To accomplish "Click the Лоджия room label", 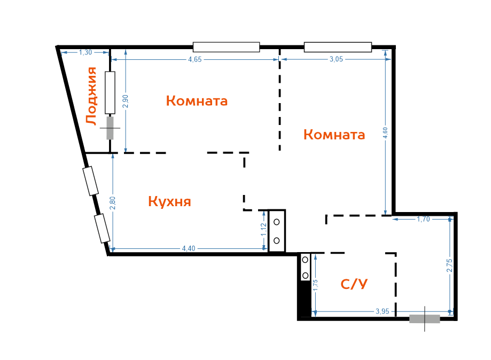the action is [91, 96].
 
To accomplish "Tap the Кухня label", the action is [169, 201].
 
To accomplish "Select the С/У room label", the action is [354, 284].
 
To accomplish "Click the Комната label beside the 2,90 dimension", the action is [197, 101].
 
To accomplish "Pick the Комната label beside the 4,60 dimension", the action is [334, 135].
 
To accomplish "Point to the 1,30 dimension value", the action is [85, 52].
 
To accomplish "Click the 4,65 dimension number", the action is [195, 59].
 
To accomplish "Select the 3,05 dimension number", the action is [336, 59].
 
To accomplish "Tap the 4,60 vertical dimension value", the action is [385, 133].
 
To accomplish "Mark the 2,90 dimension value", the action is [126, 101].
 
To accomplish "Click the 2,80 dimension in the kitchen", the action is [113, 203].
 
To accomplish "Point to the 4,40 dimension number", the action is [189, 248].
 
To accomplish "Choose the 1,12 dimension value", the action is [263, 230].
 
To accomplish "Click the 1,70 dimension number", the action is [423, 219].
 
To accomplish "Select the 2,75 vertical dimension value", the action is [450, 265].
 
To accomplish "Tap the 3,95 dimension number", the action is [383, 311].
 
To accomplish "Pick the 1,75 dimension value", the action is [315, 285].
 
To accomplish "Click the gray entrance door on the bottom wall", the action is [425, 319].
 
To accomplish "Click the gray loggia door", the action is [110, 128].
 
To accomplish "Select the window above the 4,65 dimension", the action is [227, 47].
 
